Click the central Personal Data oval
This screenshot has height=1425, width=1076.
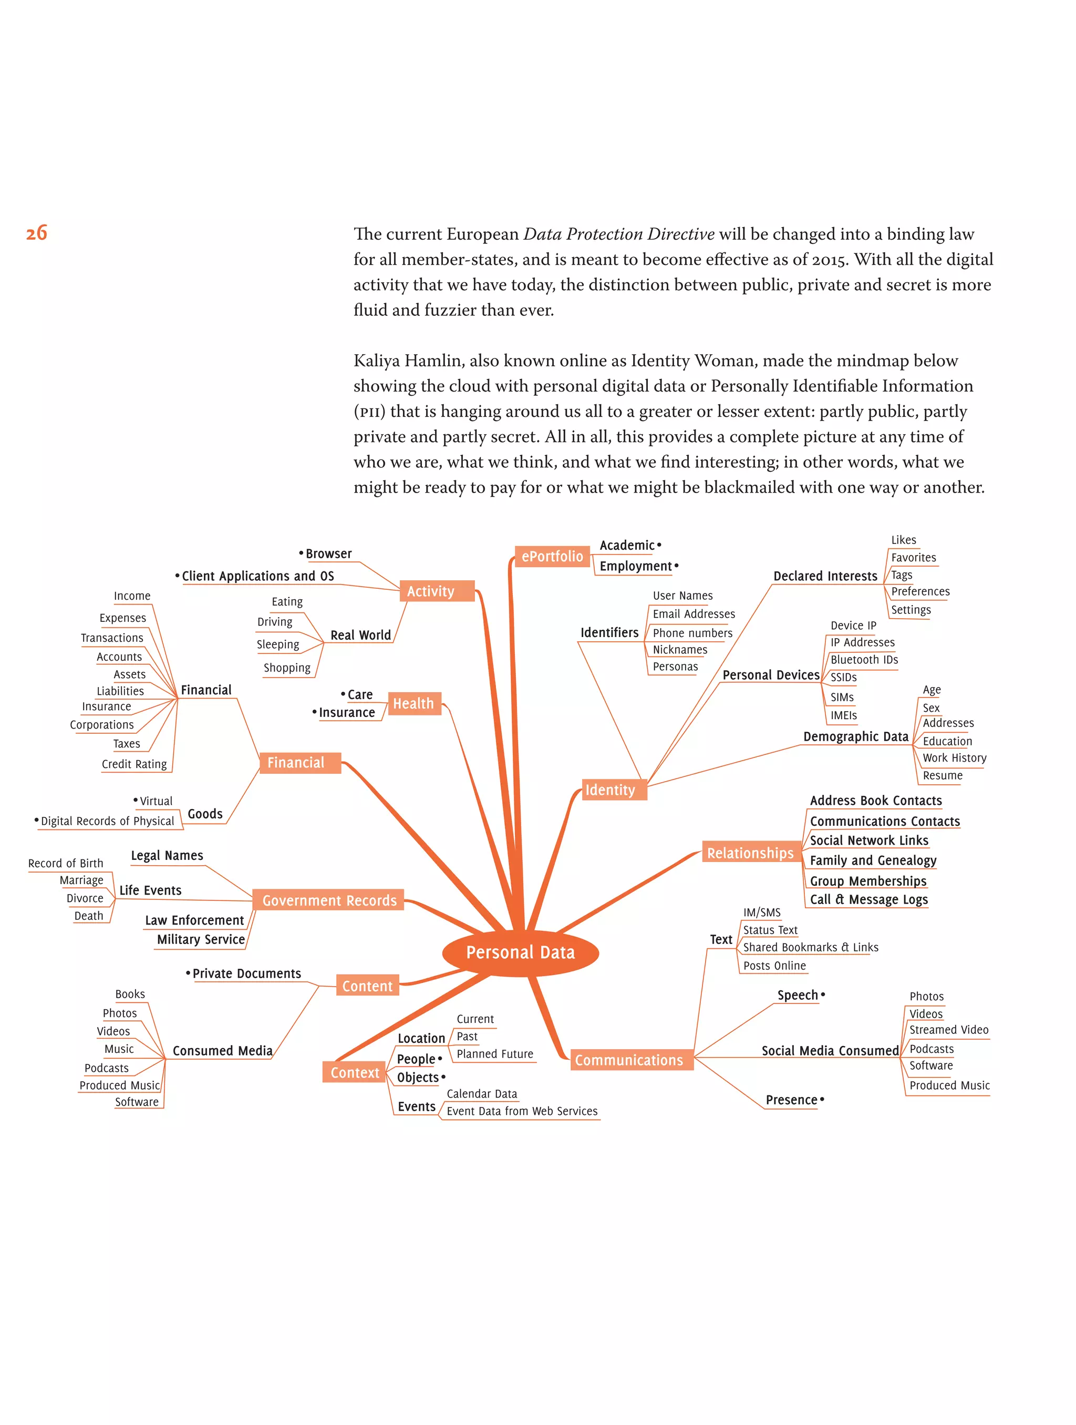pos(520,953)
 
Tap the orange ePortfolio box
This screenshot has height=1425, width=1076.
pos(552,557)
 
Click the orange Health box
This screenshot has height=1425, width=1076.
pos(414,703)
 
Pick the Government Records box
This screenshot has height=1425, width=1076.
pos(329,900)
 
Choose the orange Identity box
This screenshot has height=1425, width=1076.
pos(610,790)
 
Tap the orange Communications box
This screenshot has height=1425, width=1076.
pos(629,1060)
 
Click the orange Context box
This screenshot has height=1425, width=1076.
pos(354,1072)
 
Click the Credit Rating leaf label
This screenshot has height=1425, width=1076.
pos(134,764)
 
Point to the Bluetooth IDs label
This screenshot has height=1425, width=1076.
pos(864,660)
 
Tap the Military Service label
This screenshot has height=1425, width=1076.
pos(201,939)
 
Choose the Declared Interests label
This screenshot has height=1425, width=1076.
pos(825,576)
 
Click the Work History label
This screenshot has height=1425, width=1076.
pos(954,757)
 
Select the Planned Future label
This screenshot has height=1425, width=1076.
pos(494,1054)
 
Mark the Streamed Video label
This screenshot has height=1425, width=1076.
pos(948,1029)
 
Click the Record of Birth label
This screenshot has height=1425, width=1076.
pos(66,863)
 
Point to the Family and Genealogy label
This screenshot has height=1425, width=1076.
pos(873,860)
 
